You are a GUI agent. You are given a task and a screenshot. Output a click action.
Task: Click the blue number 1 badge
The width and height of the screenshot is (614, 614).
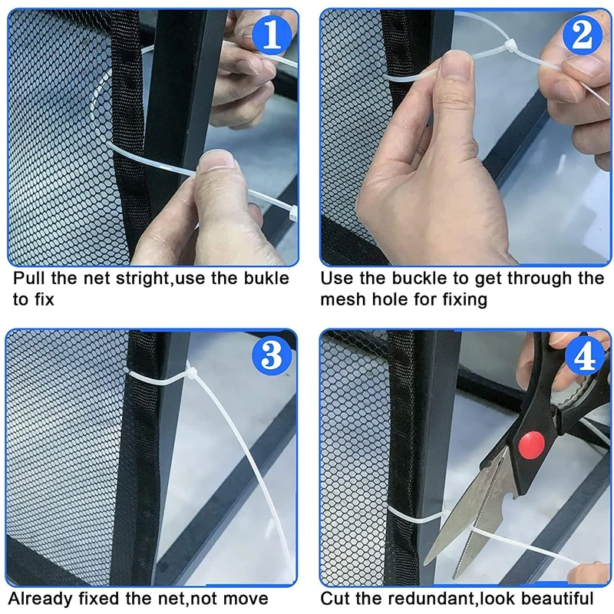[x=272, y=35]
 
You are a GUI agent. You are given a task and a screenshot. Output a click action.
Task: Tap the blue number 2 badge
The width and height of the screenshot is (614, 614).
[x=583, y=35]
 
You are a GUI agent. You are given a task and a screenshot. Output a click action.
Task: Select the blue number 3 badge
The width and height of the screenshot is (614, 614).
[x=272, y=355]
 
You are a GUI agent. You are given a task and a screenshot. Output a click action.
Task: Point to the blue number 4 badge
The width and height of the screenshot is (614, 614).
[x=585, y=355]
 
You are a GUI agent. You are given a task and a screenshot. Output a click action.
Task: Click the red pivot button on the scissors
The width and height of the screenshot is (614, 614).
[x=531, y=445]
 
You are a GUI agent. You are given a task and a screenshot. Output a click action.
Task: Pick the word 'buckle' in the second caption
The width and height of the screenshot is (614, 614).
[x=419, y=278]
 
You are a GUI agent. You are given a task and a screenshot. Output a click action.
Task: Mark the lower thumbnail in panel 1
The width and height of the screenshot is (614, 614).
[x=216, y=160]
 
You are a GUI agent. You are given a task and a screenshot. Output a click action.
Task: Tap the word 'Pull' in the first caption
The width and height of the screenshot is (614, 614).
[x=29, y=278]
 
